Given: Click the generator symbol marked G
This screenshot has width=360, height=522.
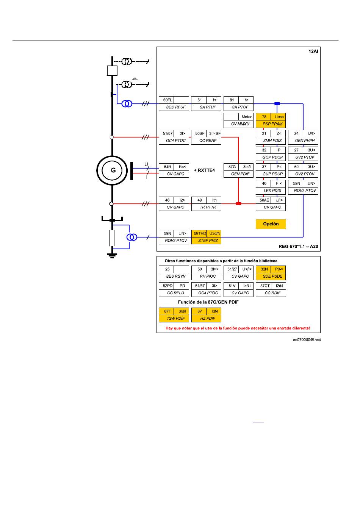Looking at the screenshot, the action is click(112, 170).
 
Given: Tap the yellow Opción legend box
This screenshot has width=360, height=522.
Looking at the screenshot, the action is click(271, 224).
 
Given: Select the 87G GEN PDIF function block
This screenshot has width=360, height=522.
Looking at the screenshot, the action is click(238, 170).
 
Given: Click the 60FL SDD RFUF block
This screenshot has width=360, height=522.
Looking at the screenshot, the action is click(174, 103).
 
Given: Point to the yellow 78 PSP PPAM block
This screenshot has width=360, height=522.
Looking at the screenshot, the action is click(271, 120).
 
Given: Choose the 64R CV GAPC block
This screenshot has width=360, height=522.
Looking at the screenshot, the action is click(174, 170).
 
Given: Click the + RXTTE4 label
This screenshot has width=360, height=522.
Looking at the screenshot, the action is click(204, 170).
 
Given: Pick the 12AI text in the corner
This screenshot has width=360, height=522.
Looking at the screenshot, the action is click(313, 51).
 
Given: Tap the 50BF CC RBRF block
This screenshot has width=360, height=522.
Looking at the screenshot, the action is click(206, 137).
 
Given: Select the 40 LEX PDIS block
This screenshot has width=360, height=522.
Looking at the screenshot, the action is click(271, 187).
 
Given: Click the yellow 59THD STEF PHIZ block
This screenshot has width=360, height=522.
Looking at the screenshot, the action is click(206, 237).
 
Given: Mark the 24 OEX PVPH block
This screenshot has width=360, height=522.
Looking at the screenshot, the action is click(303, 137).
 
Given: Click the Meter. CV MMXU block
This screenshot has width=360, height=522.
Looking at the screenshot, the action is click(238, 120).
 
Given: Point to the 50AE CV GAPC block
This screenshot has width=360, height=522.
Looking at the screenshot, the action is click(271, 204).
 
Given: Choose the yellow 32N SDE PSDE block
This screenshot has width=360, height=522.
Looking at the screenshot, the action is click(271, 273).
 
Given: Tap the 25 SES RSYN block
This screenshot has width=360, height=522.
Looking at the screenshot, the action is click(174, 273).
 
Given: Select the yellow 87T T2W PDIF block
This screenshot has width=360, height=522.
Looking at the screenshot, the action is click(174, 315).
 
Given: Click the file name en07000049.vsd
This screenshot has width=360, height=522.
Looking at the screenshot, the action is click(307, 339).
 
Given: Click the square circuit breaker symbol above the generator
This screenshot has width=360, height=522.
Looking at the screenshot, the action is click(112, 70).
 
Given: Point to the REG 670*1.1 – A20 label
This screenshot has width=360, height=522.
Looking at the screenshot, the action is click(298, 246).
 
